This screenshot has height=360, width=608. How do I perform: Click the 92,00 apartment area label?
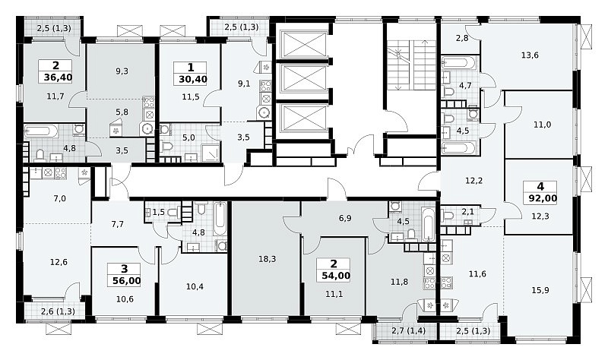543,199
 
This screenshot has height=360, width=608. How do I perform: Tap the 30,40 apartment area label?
193,80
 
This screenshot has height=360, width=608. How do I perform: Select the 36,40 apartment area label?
58,77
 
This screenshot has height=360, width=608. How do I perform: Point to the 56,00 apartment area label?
126,281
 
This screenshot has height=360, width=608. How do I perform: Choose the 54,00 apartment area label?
336,276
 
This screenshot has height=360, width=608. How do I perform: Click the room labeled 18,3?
268,259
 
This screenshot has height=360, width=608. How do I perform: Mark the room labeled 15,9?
540,290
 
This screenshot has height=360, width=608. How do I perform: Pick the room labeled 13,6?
530,55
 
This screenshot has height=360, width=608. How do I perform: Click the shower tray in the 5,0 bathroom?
211,154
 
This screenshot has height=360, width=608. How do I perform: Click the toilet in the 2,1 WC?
448,215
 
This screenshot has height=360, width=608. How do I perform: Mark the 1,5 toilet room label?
158,212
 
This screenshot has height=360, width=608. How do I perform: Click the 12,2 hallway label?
473,181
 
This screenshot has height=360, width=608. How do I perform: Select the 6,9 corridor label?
345,218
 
